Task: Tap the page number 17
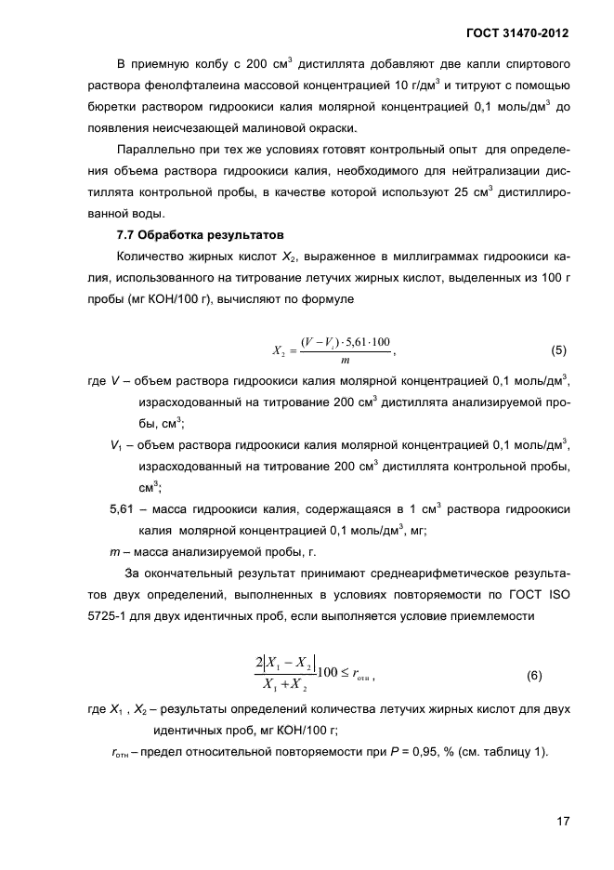click(x=561, y=821)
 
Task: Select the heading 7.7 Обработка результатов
click(x=193, y=234)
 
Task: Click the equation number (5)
click(x=558, y=351)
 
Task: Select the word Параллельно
click(x=156, y=150)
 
